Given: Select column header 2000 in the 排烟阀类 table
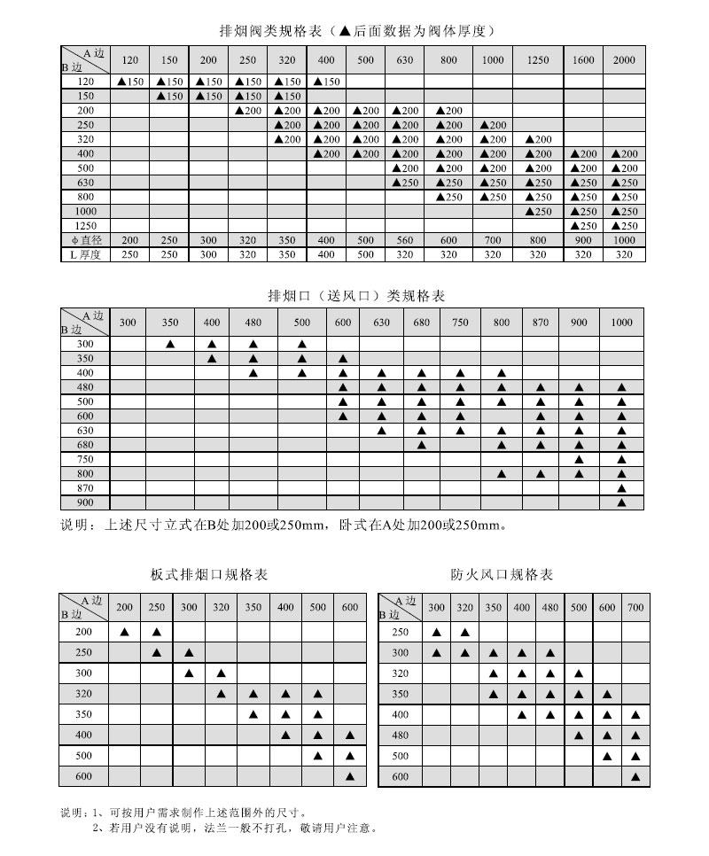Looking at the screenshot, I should pos(624,60).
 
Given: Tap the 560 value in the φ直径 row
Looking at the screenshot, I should pos(405,240).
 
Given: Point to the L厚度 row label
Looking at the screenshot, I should pos(85,254).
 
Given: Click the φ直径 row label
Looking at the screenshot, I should pos(85,240).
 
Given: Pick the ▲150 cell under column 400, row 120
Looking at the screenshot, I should pos(326,82).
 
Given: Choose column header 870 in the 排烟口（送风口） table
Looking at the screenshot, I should pos(541,323).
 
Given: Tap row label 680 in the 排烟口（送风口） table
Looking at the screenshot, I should pos(85,445).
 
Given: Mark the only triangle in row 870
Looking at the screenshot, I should pos(621,488).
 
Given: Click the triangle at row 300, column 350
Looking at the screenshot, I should pos(170,344).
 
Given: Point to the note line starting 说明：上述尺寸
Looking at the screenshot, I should pos(284,524).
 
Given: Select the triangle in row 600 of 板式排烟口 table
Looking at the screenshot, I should pos(349,776).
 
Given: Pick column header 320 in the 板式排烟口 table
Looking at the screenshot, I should pos(221,607).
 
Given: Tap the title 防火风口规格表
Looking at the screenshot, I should pos(502,574).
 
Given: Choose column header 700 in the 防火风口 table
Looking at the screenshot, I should pos(635,607).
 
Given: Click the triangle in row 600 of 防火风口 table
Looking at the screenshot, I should pos(635,776).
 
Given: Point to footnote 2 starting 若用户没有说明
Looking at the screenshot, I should pos(235,829).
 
